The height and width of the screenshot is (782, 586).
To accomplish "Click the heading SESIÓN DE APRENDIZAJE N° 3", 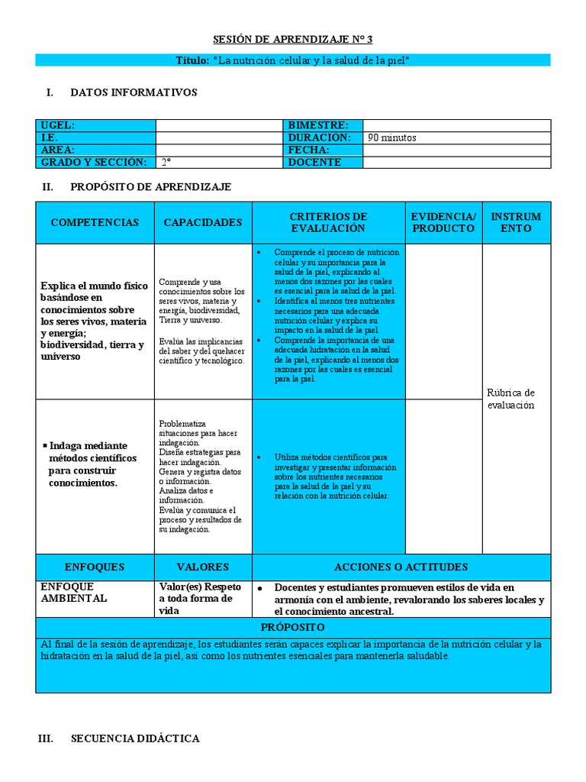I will (x=292, y=40).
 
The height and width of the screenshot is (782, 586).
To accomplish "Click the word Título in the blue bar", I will (x=191, y=60).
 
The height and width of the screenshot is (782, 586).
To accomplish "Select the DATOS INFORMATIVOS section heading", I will (x=134, y=92).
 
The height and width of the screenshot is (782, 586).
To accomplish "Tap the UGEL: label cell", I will (x=58, y=125).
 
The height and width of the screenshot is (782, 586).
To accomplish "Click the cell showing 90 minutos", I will (x=392, y=138).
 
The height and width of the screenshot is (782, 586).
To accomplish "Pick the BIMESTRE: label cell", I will (x=318, y=125).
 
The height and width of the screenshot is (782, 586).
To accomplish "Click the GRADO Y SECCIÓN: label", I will (x=93, y=163).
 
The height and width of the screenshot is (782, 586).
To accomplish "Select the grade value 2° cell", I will (x=166, y=163).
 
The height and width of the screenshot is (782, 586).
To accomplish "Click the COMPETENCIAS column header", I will (x=95, y=222).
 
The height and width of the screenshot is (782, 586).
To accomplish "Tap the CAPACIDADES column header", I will (x=203, y=222).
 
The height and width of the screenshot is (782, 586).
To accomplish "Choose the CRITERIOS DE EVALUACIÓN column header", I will (x=328, y=222).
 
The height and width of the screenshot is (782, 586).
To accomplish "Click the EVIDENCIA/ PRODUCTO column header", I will (x=443, y=222).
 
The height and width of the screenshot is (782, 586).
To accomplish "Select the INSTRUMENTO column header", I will (x=516, y=222).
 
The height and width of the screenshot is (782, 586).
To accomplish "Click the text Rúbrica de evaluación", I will (x=511, y=399).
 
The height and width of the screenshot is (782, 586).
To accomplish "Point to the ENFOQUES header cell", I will (x=95, y=567).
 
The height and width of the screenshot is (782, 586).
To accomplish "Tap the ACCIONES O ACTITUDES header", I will (x=401, y=567).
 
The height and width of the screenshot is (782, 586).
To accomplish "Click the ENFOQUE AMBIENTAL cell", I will (x=74, y=593).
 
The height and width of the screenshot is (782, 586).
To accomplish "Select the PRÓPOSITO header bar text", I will (x=293, y=627).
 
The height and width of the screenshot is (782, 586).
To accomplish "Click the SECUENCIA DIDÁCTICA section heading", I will (x=135, y=738).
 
